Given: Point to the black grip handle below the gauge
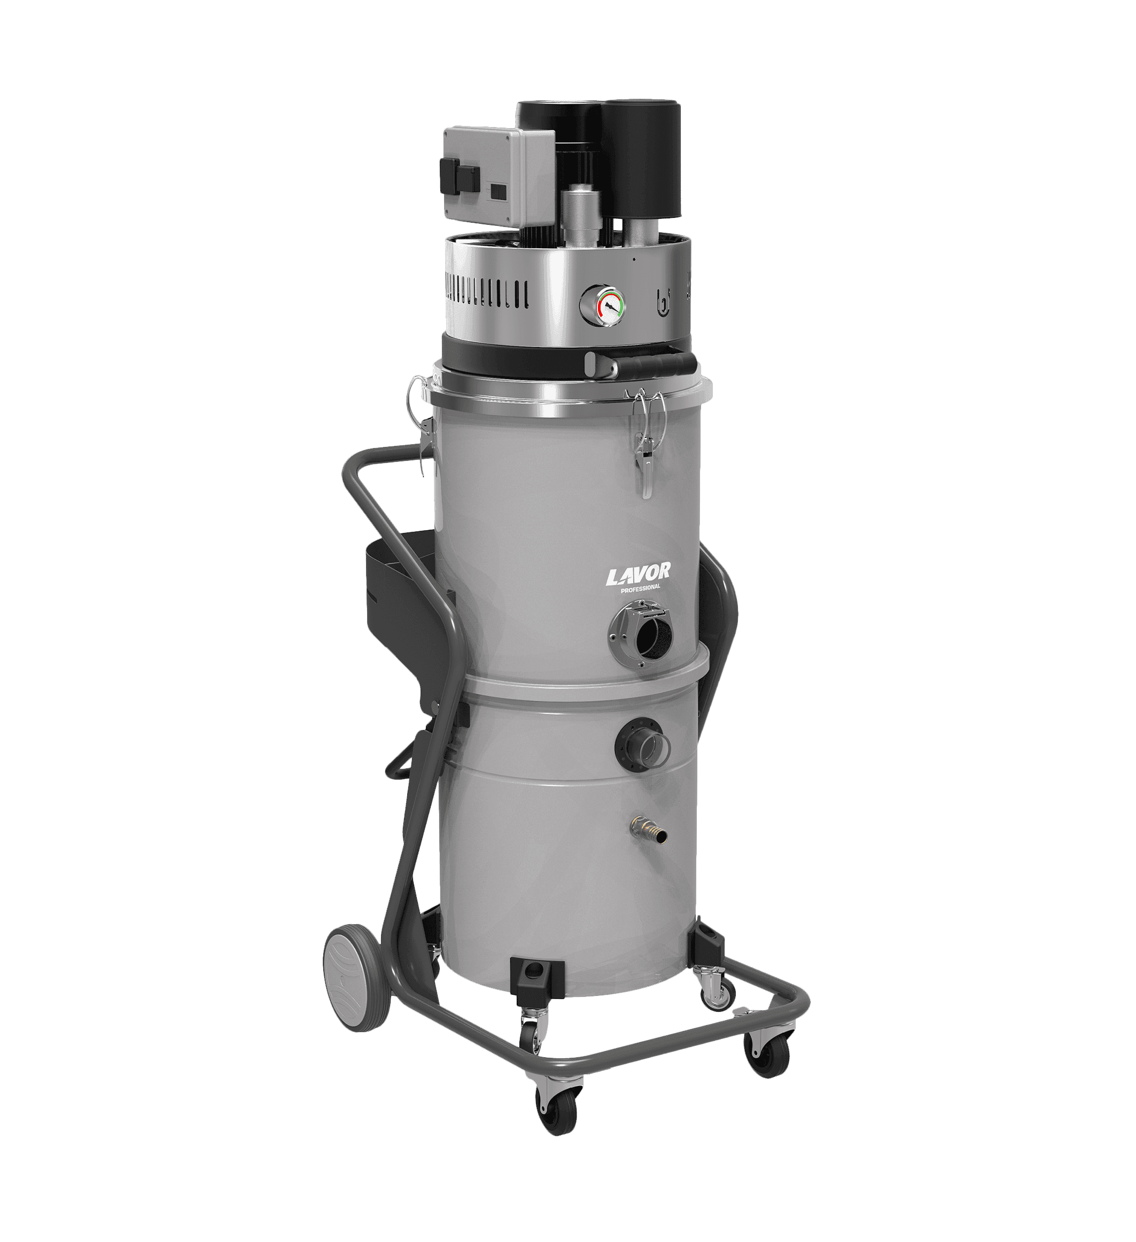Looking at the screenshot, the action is click(641, 365).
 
